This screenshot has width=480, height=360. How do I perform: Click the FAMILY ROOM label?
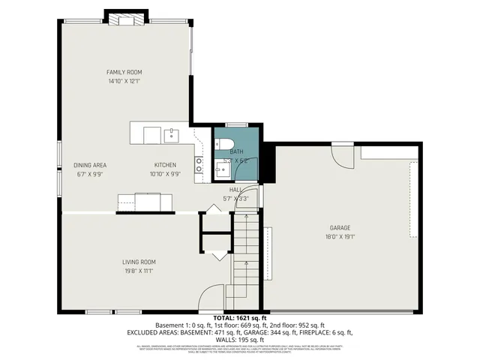click(124, 72)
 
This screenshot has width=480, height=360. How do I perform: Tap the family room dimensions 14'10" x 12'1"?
click(124, 80)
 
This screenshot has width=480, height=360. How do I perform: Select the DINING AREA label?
click(89, 165)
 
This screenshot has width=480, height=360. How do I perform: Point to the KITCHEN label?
click(165, 165)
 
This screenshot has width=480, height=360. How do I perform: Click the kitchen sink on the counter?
click(172, 134)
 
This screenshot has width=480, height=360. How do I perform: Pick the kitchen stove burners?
click(199, 164)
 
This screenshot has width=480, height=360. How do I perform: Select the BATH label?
click(236, 151)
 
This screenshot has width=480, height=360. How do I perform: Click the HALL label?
click(235, 190)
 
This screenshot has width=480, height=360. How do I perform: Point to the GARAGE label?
click(340, 227)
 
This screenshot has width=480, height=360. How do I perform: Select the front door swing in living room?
click(214, 297)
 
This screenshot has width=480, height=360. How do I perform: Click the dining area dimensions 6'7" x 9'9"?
click(89, 174)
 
